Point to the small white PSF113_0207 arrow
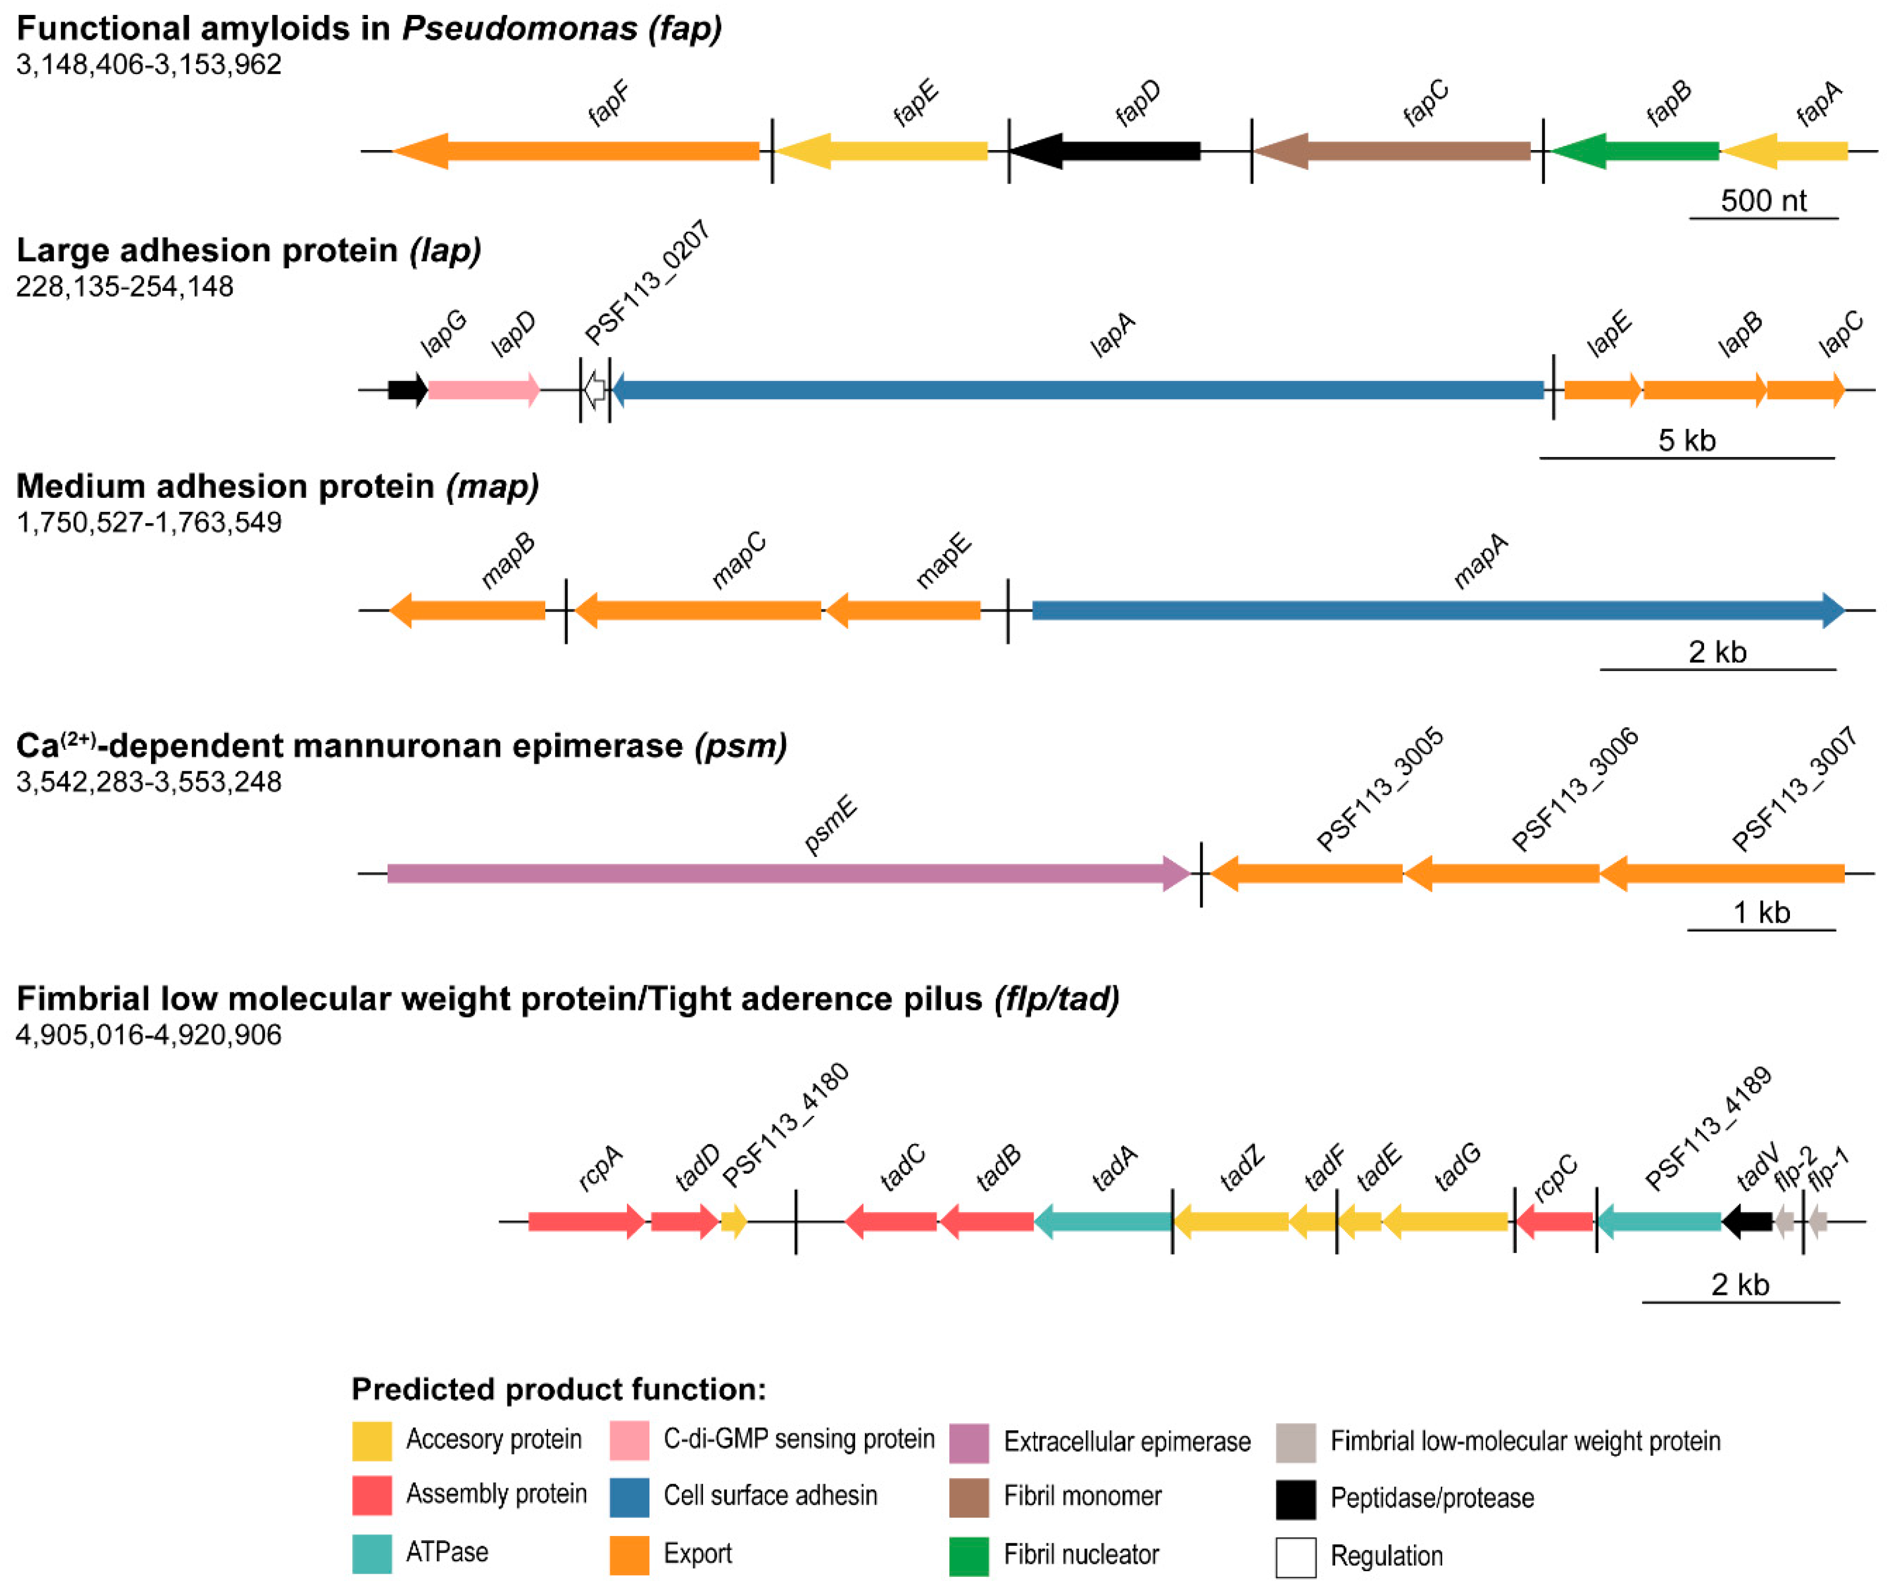click(594, 390)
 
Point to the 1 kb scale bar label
click(1761, 913)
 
